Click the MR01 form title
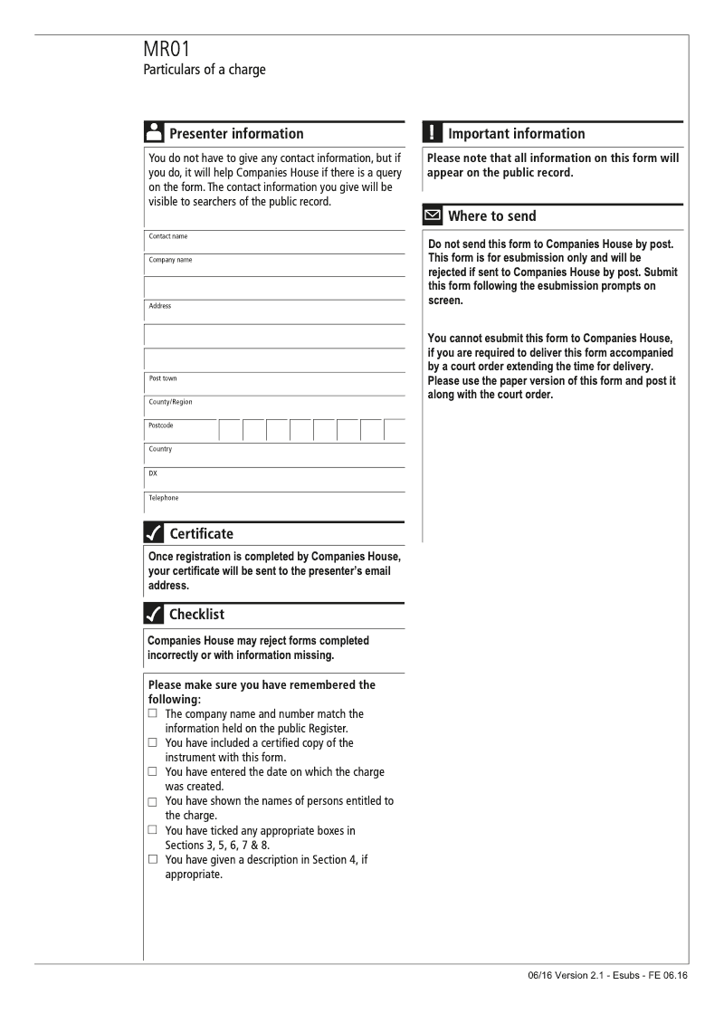click(x=167, y=49)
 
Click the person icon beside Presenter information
click(x=154, y=133)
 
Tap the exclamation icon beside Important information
click(x=433, y=133)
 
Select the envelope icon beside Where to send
click(x=433, y=216)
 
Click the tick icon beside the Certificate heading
click(x=154, y=533)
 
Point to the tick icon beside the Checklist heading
click(x=154, y=616)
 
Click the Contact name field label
click(x=169, y=236)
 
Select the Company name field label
click(x=171, y=260)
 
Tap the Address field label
click(x=160, y=306)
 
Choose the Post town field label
click(x=163, y=378)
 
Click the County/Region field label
click(x=171, y=402)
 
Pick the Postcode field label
click(x=161, y=425)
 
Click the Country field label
click(x=160, y=449)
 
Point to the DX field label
click(x=153, y=473)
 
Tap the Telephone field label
click(x=164, y=498)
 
